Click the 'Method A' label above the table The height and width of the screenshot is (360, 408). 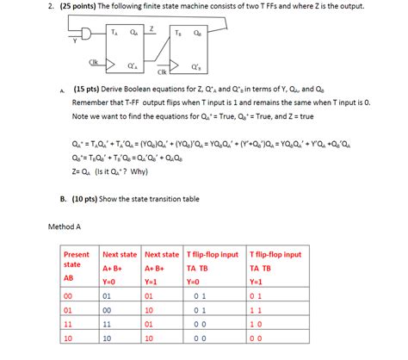pos(65,227)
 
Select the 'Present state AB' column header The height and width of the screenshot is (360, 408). pos(77,266)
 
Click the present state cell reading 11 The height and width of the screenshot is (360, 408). pos(70,325)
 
